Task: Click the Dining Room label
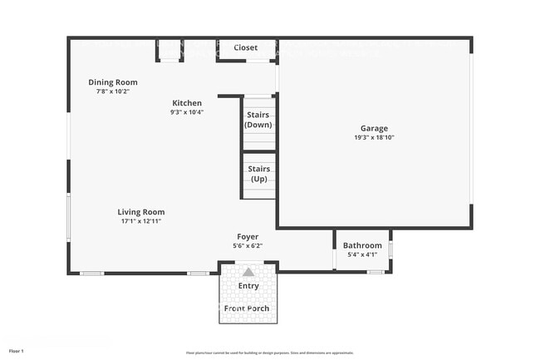(x=113, y=82)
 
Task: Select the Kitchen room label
(x=187, y=103)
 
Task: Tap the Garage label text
(x=374, y=129)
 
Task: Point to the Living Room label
(x=140, y=212)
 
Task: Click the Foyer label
(x=248, y=237)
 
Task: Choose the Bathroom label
(x=362, y=245)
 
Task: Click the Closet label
(x=245, y=48)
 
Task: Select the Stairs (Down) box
(x=258, y=120)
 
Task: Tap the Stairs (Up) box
(x=258, y=174)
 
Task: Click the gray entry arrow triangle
(x=248, y=271)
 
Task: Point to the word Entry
(x=248, y=286)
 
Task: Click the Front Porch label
(x=248, y=308)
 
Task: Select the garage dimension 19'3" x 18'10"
(x=374, y=138)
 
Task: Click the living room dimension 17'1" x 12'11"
(x=140, y=221)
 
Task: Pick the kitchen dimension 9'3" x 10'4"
(x=187, y=112)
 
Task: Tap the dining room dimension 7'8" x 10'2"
(x=113, y=91)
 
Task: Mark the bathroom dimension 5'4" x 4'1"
(x=362, y=254)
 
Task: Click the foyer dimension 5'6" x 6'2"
(x=248, y=246)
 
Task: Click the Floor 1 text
(x=17, y=352)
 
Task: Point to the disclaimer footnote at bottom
(x=270, y=353)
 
